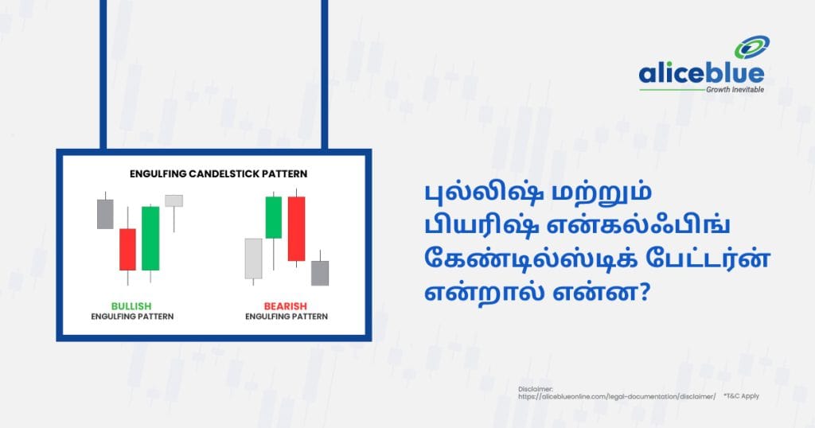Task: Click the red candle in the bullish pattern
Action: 127,249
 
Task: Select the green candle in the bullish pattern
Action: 150,239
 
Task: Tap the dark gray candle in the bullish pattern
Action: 105,214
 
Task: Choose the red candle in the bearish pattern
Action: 296,228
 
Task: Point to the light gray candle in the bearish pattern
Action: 253,259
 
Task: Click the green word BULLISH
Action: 131,306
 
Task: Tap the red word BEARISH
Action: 286,306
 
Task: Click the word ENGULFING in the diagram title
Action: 158,174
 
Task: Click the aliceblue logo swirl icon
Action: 751,47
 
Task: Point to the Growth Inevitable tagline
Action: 735,90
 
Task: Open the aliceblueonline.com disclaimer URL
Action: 617,396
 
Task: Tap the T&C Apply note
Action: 741,396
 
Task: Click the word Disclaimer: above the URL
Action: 536,389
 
